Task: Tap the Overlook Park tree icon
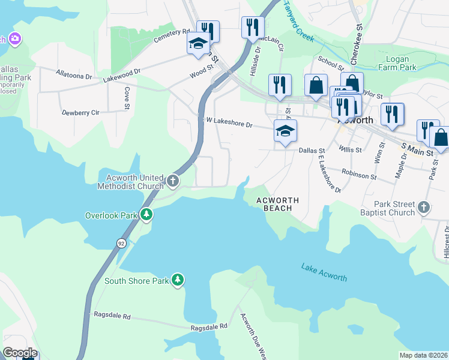(x=146, y=215)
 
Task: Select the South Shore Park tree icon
(x=177, y=280)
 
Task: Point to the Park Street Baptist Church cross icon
(x=424, y=208)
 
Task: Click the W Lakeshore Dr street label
(x=229, y=123)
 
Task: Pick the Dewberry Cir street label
(x=80, y=112)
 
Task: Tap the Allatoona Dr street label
(x=74, y=76)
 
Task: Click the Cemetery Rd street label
(x=171, y=35)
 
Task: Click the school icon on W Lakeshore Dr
(x=286, y=131)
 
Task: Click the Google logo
(x=20, y=353)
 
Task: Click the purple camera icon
(x=15, y=40)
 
